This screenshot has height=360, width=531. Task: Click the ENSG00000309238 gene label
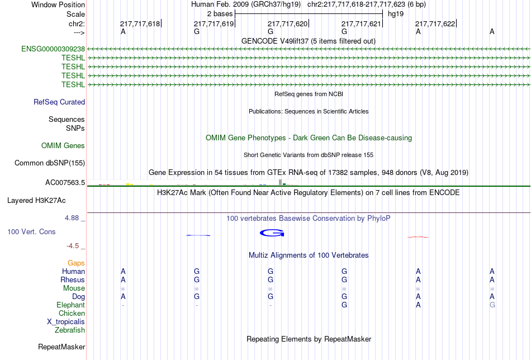tap(53, 49)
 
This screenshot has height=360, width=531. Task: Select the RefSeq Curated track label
tap(59, 102)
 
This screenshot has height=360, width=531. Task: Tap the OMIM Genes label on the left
tap(63, 146)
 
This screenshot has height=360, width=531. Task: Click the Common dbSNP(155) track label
tap(50, 163)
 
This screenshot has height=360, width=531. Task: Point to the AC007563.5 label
tap(65, 183)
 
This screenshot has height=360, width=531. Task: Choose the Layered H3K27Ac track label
tap(36, 201)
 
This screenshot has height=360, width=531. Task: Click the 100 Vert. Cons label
tap(31, 231)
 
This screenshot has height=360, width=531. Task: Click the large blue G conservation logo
tap(272, 233)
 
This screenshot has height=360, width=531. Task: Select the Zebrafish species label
tap(70, 330)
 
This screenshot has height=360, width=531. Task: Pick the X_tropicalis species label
tap(66, 322)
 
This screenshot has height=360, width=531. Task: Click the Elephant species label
tap(71, 305)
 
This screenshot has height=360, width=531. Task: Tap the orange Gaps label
tap(76, 263)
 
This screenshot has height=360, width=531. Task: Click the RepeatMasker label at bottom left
tap(61, 347)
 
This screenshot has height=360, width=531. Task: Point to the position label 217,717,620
tap(287, 23)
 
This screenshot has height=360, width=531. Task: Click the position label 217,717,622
tap(435, 23)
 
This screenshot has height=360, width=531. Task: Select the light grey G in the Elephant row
tap(492, 305)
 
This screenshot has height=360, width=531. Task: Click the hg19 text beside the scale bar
tap(396, 14)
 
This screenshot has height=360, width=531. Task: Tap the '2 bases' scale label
tap(220, 14)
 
